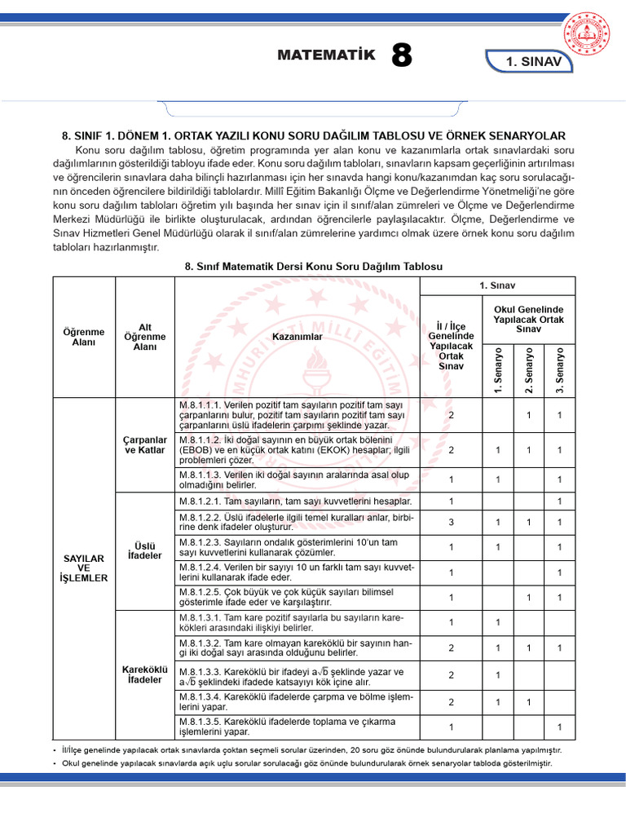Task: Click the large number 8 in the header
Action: tap(402, 57)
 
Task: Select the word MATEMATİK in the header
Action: tap(327, 55)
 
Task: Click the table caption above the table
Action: tap(314, 267)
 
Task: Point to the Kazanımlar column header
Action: tap(298, 336)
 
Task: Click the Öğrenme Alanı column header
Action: tap(84, 336)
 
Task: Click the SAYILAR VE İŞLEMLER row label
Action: tap(84, 566)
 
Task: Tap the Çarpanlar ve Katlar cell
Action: tap(145, 445)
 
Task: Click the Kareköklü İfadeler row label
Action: tap(145, 674)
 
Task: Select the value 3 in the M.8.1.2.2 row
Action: tap(452, 522)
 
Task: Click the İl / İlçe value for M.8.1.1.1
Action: tap(452, 415)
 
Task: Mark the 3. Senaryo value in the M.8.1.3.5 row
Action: tap(559, 727)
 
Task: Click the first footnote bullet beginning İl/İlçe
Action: tap(310, 749)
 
